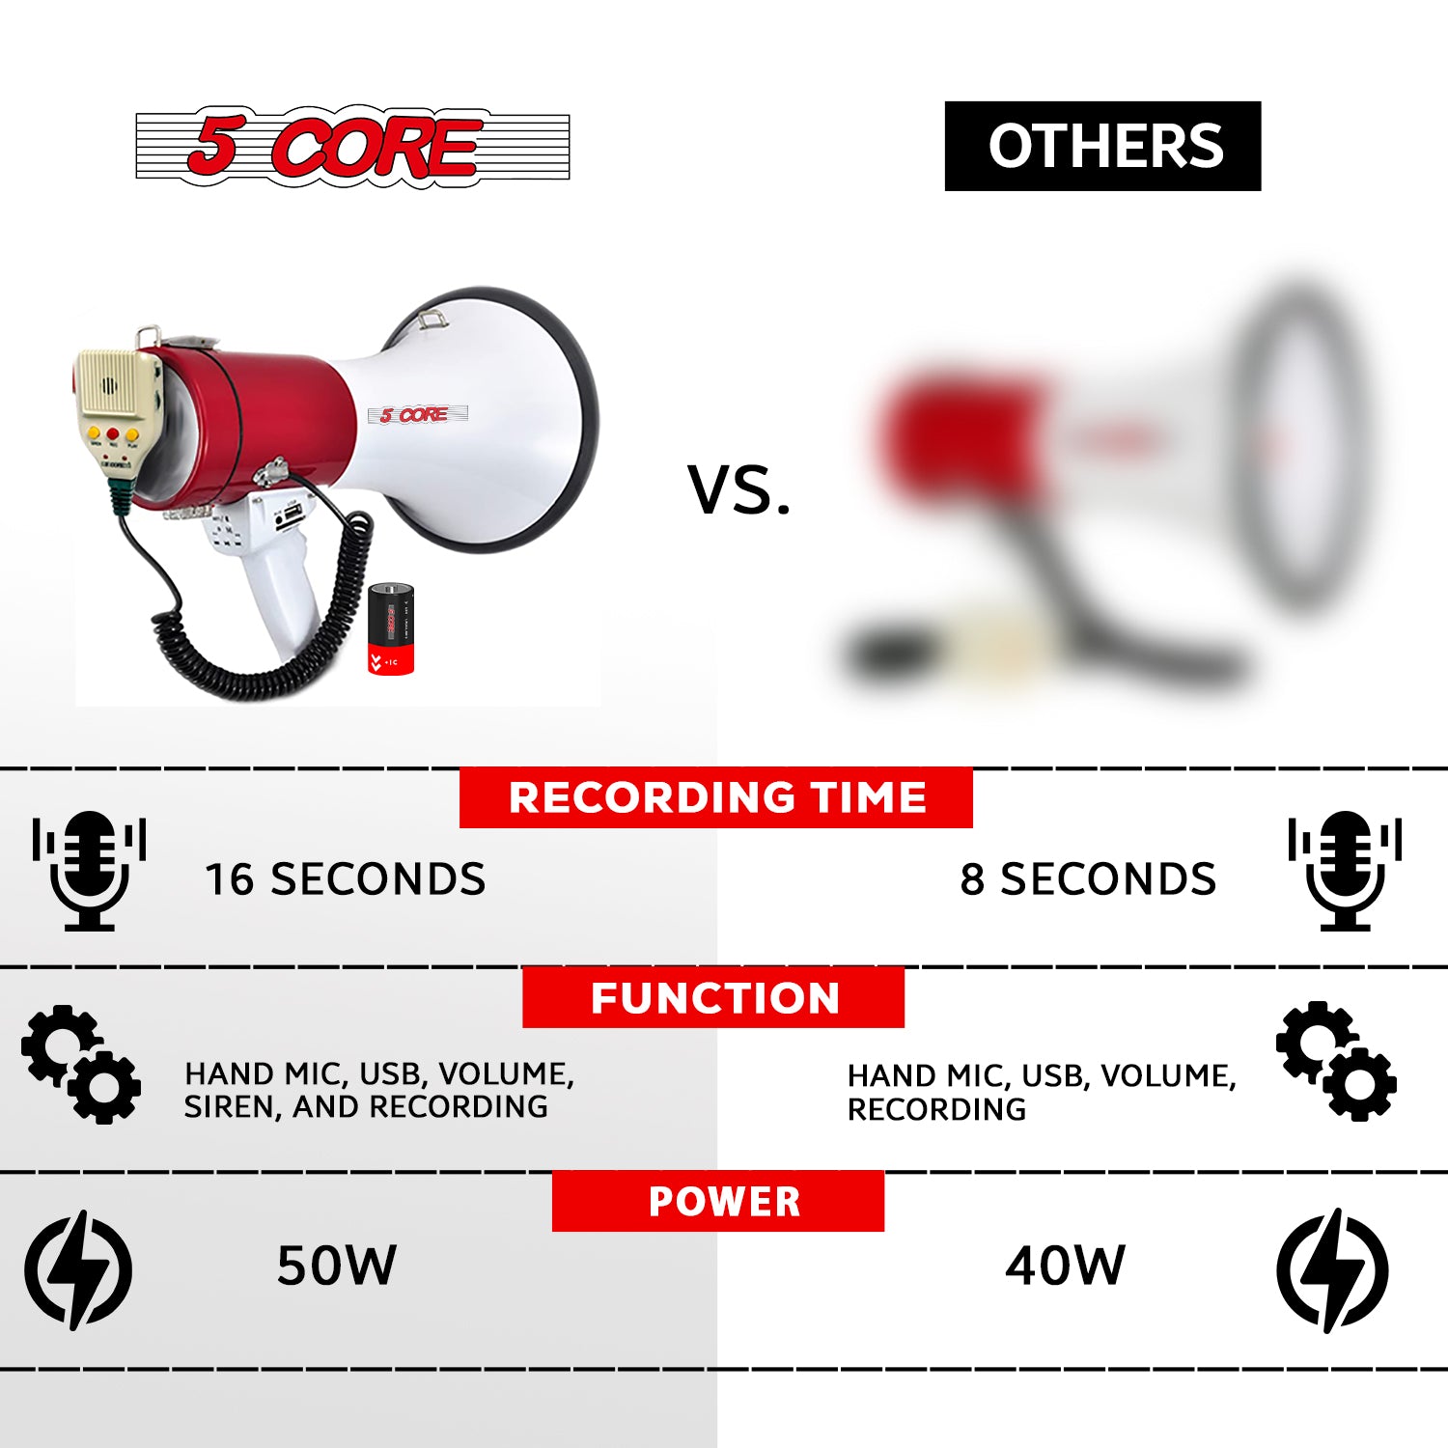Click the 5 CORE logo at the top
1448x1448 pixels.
click(x=352, y=147)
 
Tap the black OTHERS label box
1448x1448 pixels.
click(x=1102, y=146)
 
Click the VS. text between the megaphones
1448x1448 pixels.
click(x=739, y=489)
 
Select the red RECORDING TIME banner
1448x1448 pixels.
click(x=715, y=797)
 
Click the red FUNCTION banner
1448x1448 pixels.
click(x=713, y=997)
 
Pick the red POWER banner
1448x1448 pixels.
click(x=718, y=1201)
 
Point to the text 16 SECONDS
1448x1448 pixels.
click(x=345, y=879)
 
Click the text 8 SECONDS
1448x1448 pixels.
click(x=1088, y=879)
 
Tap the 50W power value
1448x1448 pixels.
click(x=336, y=1266)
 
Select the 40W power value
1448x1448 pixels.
click(x=1065, y=1266)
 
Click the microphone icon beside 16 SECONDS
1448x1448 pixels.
click(x=89, y=870)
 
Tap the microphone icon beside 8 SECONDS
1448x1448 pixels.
click(x=1345, y=870)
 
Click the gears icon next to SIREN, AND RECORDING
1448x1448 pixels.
click(x=81, y=1064)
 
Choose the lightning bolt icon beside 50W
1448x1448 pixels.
click(x=78, y=1268)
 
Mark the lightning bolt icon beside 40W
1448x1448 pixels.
click(x=1332, y=1268)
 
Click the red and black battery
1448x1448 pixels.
click(x=391, y=628)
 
